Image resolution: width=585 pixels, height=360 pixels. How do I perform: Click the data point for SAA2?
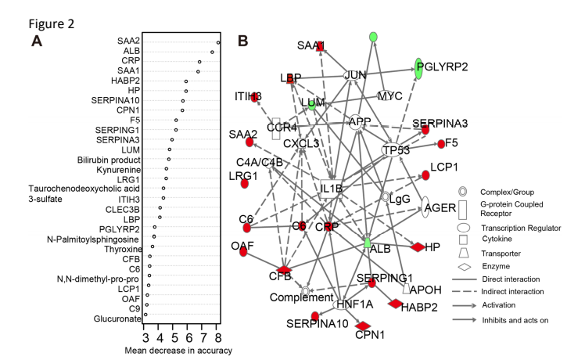coord(218,43)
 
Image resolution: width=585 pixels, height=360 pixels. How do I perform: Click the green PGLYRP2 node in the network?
coord(420,68)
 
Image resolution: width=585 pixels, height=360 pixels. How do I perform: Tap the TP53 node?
coord(396,149)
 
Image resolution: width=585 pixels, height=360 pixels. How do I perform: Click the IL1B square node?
coord(332,189)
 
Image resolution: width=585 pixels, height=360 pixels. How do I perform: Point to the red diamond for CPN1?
coord(363,326)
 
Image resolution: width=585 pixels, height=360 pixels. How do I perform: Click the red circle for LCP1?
coord(425,175)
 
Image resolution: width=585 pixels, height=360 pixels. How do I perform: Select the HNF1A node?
coord(342,304)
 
